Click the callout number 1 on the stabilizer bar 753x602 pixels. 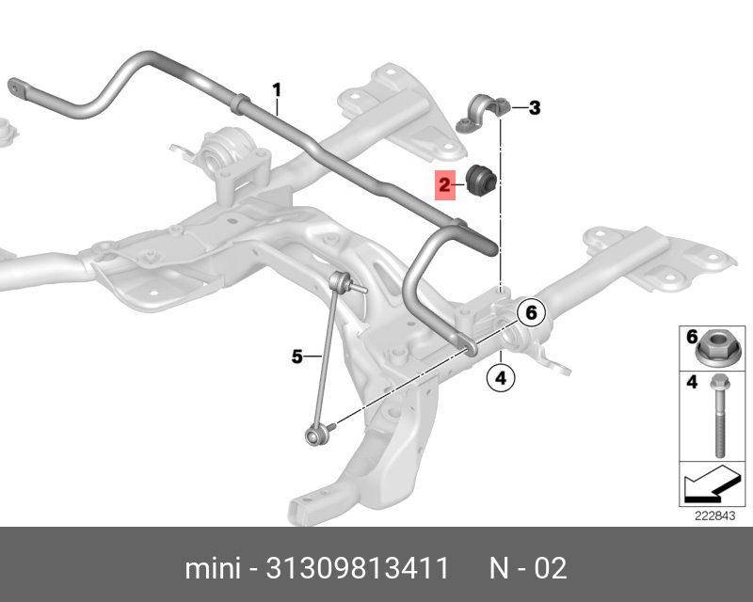(x=277, y=90)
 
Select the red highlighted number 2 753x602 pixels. (x=444, y=185)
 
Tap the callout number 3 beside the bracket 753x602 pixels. (x=535, y=108)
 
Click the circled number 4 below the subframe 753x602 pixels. (x=501, y=378)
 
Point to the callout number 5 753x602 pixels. (x=297, y=356)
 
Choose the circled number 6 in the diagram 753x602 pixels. (x=531, y=313)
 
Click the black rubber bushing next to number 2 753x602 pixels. (x=481, y=181)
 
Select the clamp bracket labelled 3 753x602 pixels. (x=482, y=113)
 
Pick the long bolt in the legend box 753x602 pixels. (x=719, y=415)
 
